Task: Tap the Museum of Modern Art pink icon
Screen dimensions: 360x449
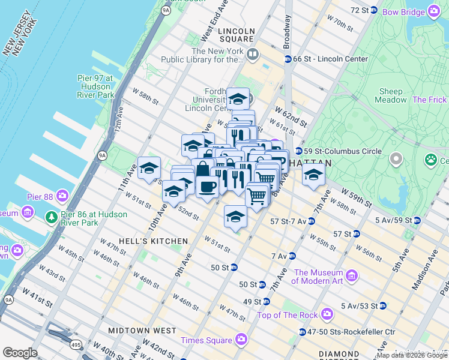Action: pyautogui.click(x=352, y=276)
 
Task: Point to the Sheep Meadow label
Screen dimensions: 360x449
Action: pyautogui.click(x=390, y=95)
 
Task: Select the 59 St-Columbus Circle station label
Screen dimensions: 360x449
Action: pyautogui.click(x=342, y=151)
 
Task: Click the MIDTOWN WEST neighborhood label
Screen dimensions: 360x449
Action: pyautogui.click(x=142, y=331)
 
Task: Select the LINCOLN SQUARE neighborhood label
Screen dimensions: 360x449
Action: pyautogui.click(x=237, y=31)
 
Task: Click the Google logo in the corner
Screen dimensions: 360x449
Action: pyautogui.click(x=20, y=353)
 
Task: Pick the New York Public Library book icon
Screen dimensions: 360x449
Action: pyautogui.click(x=253, y=55)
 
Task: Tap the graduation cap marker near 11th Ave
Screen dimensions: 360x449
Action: pyautogui.click(x=149, y=169)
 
